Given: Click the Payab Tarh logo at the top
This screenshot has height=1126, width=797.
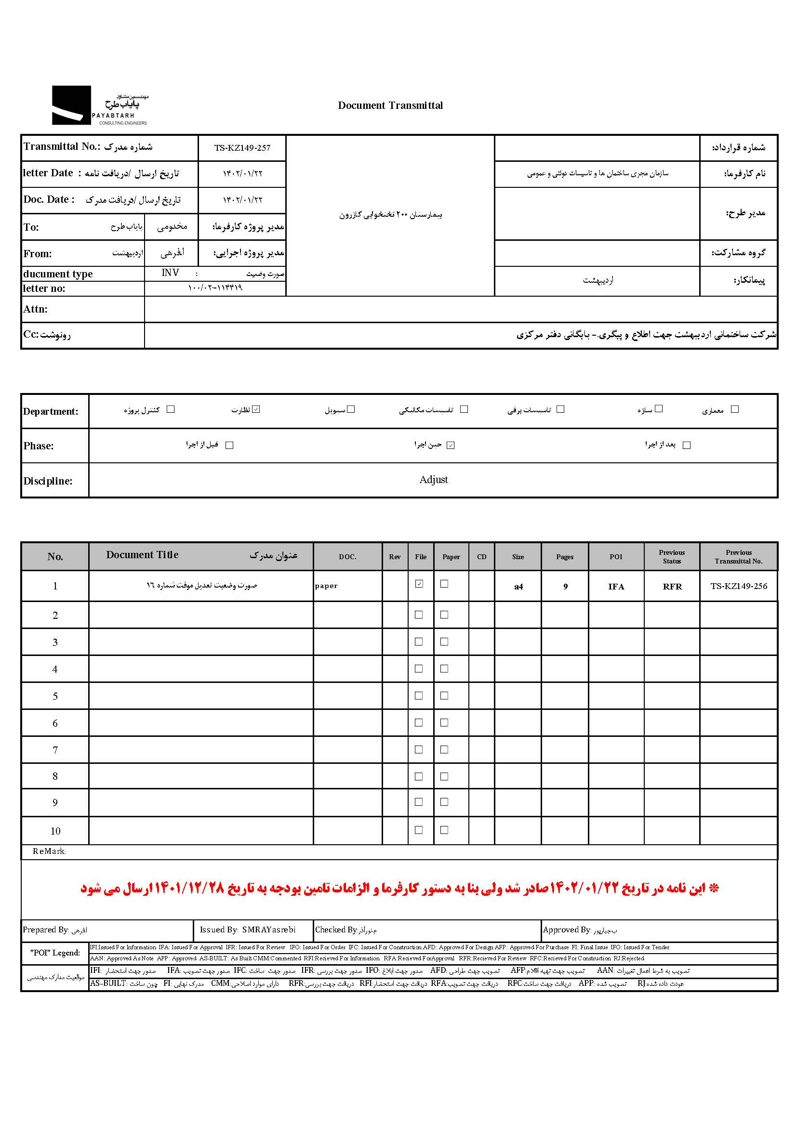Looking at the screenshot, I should click(x=100, y=105).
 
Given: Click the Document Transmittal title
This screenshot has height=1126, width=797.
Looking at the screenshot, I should click(x=390, y=105).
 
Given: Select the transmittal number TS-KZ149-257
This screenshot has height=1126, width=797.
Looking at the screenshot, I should click(x=242, y=148).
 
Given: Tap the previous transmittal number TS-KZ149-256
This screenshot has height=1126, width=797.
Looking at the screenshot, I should click(x=739, y=586).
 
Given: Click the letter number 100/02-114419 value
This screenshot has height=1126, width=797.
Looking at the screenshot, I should click(x=215, y=288).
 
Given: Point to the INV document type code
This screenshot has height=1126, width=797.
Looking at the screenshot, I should click(x=170, y=273).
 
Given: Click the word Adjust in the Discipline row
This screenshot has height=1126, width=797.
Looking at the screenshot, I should click(x=433, y=480).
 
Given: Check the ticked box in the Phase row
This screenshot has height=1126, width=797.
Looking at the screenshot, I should click(x=451, y=445).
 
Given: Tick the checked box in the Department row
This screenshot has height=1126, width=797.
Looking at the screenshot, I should click(x=256, y=409).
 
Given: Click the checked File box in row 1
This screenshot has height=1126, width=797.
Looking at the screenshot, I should click(x=419, y=584).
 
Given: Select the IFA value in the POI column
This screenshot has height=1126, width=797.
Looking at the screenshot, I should click(x=616, y=587).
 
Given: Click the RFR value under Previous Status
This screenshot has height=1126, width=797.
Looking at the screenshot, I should click(x=672, y=587).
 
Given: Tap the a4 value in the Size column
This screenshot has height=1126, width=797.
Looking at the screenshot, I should click(x=518, y=587).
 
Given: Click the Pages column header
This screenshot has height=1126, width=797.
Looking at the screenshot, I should click(x=565, y=557).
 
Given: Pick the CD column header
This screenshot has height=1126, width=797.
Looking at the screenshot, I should click(x=481, y=557).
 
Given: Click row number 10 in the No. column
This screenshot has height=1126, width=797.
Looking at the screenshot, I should click(x=55, y=831).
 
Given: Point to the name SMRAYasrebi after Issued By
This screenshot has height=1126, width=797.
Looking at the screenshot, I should click(x=269, y=930).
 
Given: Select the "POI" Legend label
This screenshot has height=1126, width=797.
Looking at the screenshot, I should click(x=55, y=953).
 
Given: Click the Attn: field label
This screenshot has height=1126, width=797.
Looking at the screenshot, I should click(x=35, y=309).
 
